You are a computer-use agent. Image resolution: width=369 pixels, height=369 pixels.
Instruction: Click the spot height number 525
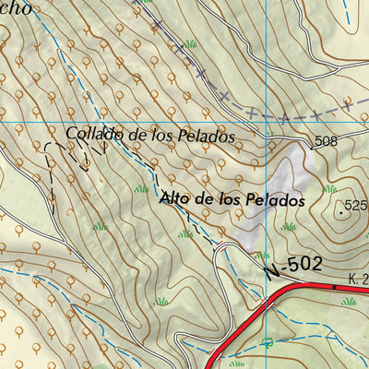355,206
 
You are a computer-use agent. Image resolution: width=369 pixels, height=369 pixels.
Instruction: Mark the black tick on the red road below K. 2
335,287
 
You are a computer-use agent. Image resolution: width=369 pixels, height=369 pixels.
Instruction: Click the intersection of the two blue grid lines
264,122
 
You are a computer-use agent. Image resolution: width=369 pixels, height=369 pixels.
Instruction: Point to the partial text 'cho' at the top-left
17,7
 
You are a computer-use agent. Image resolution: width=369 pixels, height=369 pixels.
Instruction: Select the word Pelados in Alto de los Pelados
274,199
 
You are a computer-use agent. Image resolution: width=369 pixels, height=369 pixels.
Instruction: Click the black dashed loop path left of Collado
66,157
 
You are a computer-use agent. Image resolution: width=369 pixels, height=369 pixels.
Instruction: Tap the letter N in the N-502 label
270,271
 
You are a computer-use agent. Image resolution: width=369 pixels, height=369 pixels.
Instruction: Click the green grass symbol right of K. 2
349,301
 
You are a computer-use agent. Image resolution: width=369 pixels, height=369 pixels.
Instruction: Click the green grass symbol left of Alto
141,189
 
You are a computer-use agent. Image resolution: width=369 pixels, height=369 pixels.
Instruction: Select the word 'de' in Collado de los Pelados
137,135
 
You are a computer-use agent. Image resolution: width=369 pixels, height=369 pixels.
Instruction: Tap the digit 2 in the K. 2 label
365,278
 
